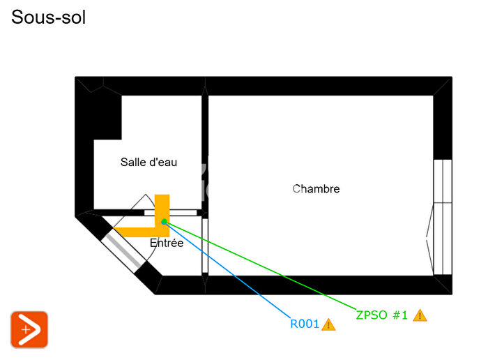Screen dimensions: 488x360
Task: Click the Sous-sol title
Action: pos(48,17)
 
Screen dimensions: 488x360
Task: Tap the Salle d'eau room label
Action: pos(148,163)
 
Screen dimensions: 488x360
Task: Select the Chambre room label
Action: pos(316,188)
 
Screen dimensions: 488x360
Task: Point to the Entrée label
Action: pos(167,243)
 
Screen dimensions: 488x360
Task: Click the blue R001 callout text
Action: pos(305,324)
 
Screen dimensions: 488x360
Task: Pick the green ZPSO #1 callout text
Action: pos(381,315)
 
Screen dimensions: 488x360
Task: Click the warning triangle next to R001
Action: pos(328,324)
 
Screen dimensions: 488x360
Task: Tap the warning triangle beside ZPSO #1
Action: pos(420,315)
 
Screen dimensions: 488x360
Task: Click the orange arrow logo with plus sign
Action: pos(29,329)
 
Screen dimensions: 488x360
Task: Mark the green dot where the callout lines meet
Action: pos(164,221)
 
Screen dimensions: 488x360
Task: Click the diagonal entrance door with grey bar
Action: pos(123,251)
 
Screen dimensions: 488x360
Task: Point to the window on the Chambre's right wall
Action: pos(443,217)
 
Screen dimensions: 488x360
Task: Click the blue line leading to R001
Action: pos(227,270)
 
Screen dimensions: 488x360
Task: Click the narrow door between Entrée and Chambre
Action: pos(205,246)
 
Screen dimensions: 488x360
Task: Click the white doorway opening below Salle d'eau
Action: pos(171,213)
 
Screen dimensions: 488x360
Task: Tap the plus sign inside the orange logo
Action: pos(26,329)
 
